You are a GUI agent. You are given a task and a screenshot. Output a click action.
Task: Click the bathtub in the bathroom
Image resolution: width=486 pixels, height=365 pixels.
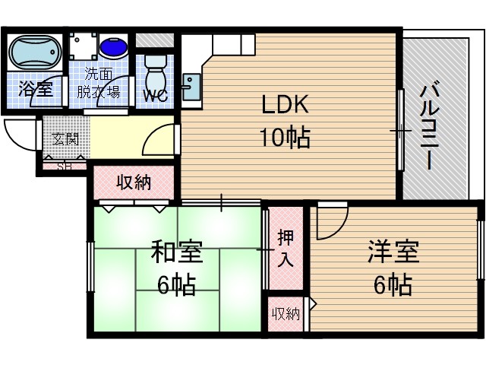pos(35,52)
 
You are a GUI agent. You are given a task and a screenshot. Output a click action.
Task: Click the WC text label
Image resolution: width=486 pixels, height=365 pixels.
pos(156,95)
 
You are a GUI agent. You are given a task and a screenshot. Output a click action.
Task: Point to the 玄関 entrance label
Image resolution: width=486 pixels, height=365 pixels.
pos(65,139)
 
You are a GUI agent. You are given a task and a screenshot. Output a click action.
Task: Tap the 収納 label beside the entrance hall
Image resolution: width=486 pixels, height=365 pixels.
pos(134,182)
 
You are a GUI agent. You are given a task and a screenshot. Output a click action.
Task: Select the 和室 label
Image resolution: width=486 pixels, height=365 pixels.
pos(176,251)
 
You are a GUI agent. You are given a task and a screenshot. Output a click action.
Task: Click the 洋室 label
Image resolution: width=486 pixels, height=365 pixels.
pos(393,251)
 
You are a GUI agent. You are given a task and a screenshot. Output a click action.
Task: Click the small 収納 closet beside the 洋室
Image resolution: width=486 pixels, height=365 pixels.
pos(286,313)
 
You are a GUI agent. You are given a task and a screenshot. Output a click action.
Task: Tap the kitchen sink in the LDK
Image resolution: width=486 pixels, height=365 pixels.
pos(191,83)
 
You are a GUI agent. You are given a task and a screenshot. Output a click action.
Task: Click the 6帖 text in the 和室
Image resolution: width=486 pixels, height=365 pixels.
pos(176,286)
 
